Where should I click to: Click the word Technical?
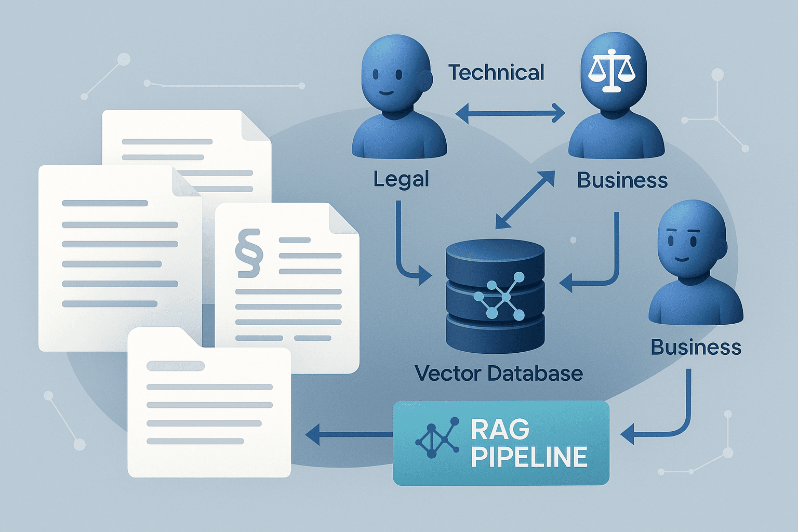coord(496,73)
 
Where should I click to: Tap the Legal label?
coord(401,180)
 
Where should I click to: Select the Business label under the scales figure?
coord(622,180)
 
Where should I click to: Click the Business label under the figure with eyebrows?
coord(696,347)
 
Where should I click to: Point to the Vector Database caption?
coord(499,373)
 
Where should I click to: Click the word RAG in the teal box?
coord(500,430)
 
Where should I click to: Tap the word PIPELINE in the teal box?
coord(529,457)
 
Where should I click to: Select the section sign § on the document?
coord(249,254)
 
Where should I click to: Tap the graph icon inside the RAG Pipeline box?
coord(437,438)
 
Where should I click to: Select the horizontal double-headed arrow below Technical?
coord(510,113)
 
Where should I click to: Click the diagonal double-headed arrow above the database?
coord(525,200)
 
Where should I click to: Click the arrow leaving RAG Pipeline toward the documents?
coord(348,433)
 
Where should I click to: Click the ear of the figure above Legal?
coord(425,79)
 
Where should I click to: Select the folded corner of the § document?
coord(343,218)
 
